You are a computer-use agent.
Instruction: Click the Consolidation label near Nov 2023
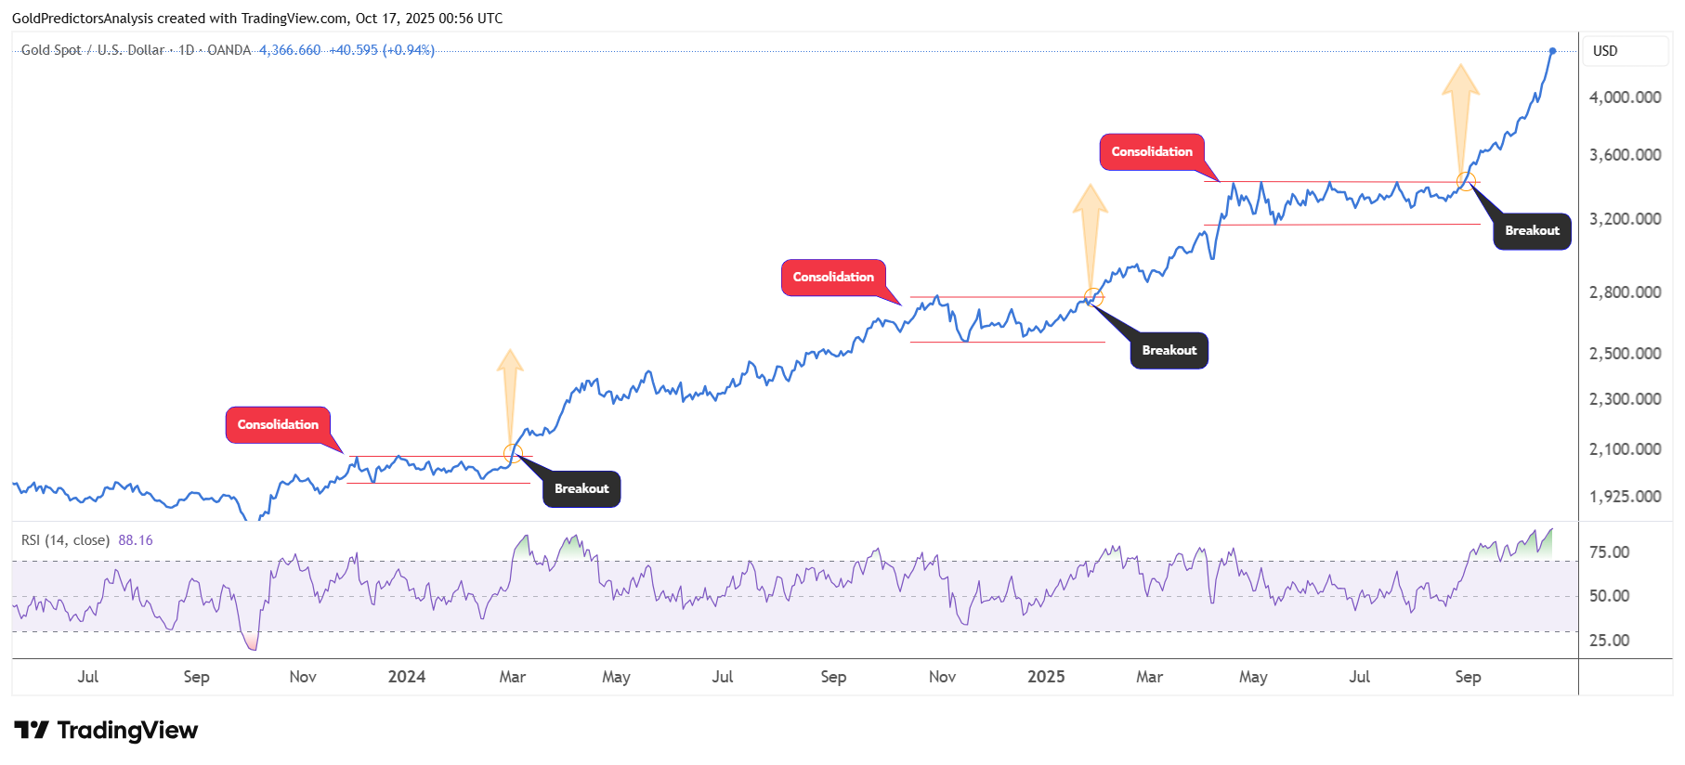[278, 424]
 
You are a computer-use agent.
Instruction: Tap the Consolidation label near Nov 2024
[833, 277]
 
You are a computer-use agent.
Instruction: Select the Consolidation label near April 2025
[1152, 151]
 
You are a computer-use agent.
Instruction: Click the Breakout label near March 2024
[581, 488]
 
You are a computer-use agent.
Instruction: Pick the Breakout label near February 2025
[1169, 350]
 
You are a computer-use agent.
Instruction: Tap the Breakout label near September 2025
[1532, 230]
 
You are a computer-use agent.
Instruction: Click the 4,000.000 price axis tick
[1625, 97]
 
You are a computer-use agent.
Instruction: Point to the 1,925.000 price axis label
[1625, 497]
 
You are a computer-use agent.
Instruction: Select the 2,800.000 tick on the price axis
[1625, 292]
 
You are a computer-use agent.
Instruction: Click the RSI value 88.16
[136, 540]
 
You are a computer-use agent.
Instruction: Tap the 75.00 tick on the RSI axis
[1609, 552]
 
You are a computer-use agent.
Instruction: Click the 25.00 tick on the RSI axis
[1609, 641]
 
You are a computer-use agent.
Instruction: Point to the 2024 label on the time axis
[407, 677]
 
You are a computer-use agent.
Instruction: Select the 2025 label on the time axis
[1046, 677]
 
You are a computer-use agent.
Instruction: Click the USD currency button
[1605, 51]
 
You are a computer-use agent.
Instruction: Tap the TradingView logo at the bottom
[106, 731]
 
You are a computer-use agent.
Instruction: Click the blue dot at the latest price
[1552, 51]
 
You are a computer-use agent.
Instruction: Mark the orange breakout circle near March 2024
[513, 454]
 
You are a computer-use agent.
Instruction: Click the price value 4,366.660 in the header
[290, 50]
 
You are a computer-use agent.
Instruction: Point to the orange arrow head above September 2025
[1460, 79]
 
